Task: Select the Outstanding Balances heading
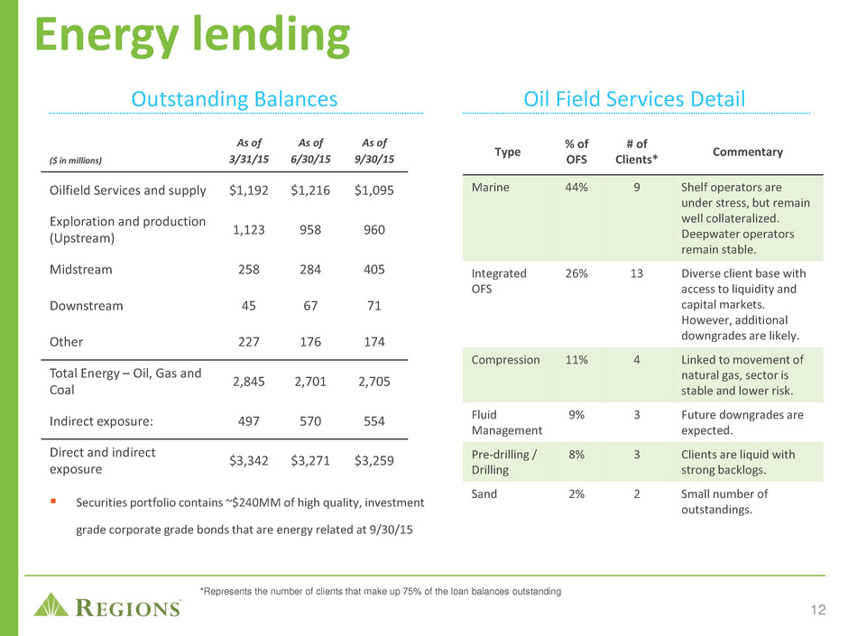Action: coord(235,99)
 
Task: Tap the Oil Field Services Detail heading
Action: coord(634,99)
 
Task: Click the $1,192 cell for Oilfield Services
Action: coord(249,190)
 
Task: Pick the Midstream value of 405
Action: coord(374,270)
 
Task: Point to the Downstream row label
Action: coord(87,306)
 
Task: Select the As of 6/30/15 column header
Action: coord(310,151)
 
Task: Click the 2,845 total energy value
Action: coord(249,382)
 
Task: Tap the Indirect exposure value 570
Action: coord(310,420)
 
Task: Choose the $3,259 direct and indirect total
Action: coord(374,460)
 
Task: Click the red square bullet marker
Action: coord(53,502)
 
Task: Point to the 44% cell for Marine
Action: coord(576,187)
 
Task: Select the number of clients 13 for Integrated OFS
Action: coord(637,273)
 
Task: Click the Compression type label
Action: coord(506,360)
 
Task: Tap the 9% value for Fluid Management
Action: coord(576,415)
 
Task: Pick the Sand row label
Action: coord(484,493)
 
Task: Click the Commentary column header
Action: coord(747,152)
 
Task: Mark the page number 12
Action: coord(818,610)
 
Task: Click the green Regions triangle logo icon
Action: coord(51,605)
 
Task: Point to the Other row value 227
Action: coord(249,342)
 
